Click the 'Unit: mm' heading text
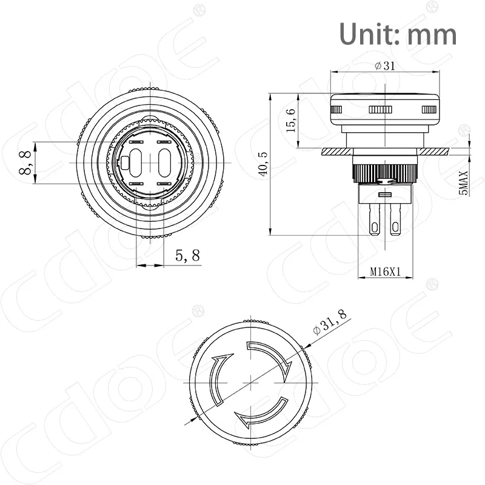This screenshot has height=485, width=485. tap(397, 33)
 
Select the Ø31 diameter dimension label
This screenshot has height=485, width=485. tap(385, 67)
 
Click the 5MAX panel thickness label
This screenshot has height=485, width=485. tap(464, 182)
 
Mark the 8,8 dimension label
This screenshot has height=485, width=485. tap(25, 163)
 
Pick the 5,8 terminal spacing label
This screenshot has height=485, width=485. tap(187, 256)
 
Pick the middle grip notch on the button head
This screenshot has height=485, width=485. tap(380, 110)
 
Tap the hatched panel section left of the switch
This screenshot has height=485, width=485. tap(334, 150)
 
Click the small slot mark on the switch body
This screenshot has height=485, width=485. tap(383, 195)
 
